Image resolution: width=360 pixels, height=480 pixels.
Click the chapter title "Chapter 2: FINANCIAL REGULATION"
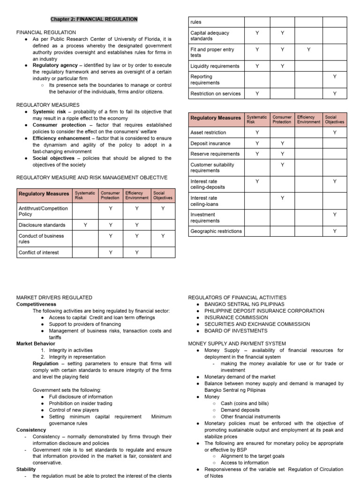coord(94,19)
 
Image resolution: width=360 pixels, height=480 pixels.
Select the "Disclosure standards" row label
coord(42,225)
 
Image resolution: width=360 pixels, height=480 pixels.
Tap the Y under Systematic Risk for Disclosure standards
coord(85,225)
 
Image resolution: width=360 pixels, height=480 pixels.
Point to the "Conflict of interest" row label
coord(39,252)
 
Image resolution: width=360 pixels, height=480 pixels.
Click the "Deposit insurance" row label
coord(210,143)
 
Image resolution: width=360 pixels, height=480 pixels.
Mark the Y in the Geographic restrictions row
coord(335,231)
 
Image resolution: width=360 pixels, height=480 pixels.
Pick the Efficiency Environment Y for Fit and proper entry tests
coord(308,49)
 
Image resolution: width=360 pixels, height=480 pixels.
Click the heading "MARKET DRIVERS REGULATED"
coord(54,297)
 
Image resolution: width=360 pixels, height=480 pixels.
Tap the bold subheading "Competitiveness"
coord(36,304)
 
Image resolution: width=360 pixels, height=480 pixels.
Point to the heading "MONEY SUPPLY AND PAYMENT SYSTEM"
coord(237,344)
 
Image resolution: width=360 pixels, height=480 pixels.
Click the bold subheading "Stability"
coord(26,469)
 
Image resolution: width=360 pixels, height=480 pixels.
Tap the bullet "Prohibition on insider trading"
coord(81,403)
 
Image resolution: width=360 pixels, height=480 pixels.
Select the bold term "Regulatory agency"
coord(55,66)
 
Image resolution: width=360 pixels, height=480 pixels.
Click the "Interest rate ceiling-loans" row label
coord(204,201)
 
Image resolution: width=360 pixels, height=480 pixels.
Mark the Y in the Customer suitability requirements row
coord(283,165)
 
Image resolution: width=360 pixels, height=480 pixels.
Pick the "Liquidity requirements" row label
coord(215,66)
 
